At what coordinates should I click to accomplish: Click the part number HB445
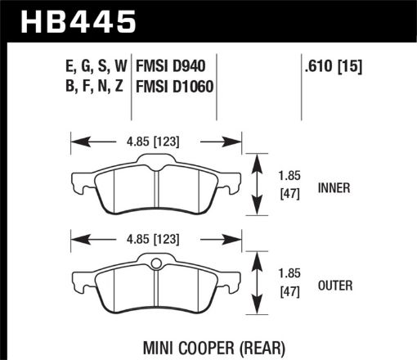click(78, 21)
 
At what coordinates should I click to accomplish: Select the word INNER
click(336, 187)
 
